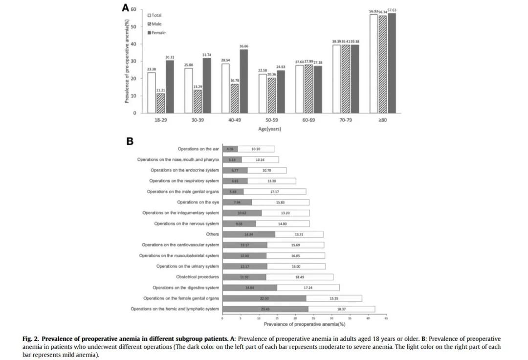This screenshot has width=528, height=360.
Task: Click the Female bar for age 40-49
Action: pos(243,81)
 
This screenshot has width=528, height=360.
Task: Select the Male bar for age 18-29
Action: pos(160,103)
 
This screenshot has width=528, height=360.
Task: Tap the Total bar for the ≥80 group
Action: pos(374,64)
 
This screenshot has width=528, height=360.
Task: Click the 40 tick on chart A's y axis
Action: pos(134,44)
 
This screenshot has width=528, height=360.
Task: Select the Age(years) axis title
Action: pos(270,129)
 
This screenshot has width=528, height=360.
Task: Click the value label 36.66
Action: pos(243,46)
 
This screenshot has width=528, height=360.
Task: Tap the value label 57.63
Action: pos(392,10)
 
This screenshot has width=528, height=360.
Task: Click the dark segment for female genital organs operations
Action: pos(264,298)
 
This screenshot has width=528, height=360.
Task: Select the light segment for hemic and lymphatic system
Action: pos(341,309)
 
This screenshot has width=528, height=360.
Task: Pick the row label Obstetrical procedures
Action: pos(198,277)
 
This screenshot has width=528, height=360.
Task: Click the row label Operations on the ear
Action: pos(198,149)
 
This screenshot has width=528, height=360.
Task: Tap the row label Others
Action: pos(212,234)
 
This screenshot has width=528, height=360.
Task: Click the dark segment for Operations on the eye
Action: pos(237,202)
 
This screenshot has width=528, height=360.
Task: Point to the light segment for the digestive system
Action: pos(308,288)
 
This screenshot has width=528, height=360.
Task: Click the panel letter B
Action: pos(130,141)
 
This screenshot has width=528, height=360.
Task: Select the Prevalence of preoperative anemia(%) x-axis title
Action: pos(304,324)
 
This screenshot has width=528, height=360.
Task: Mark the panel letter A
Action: pos(126,8)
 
